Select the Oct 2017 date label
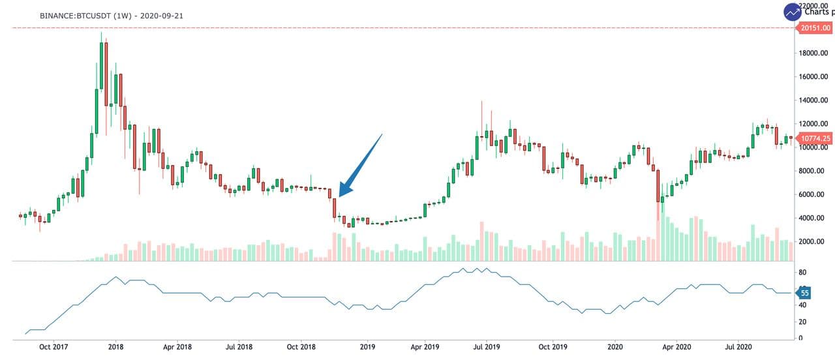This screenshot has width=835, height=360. coord(53,348)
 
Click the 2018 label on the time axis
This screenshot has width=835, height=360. coord(116,348)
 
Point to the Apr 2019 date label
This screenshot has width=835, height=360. coord(425,348)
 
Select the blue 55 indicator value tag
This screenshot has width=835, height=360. coord(805,293)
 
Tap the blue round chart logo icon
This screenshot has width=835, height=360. coord(793,12)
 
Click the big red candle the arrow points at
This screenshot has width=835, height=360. coord(334,207)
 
